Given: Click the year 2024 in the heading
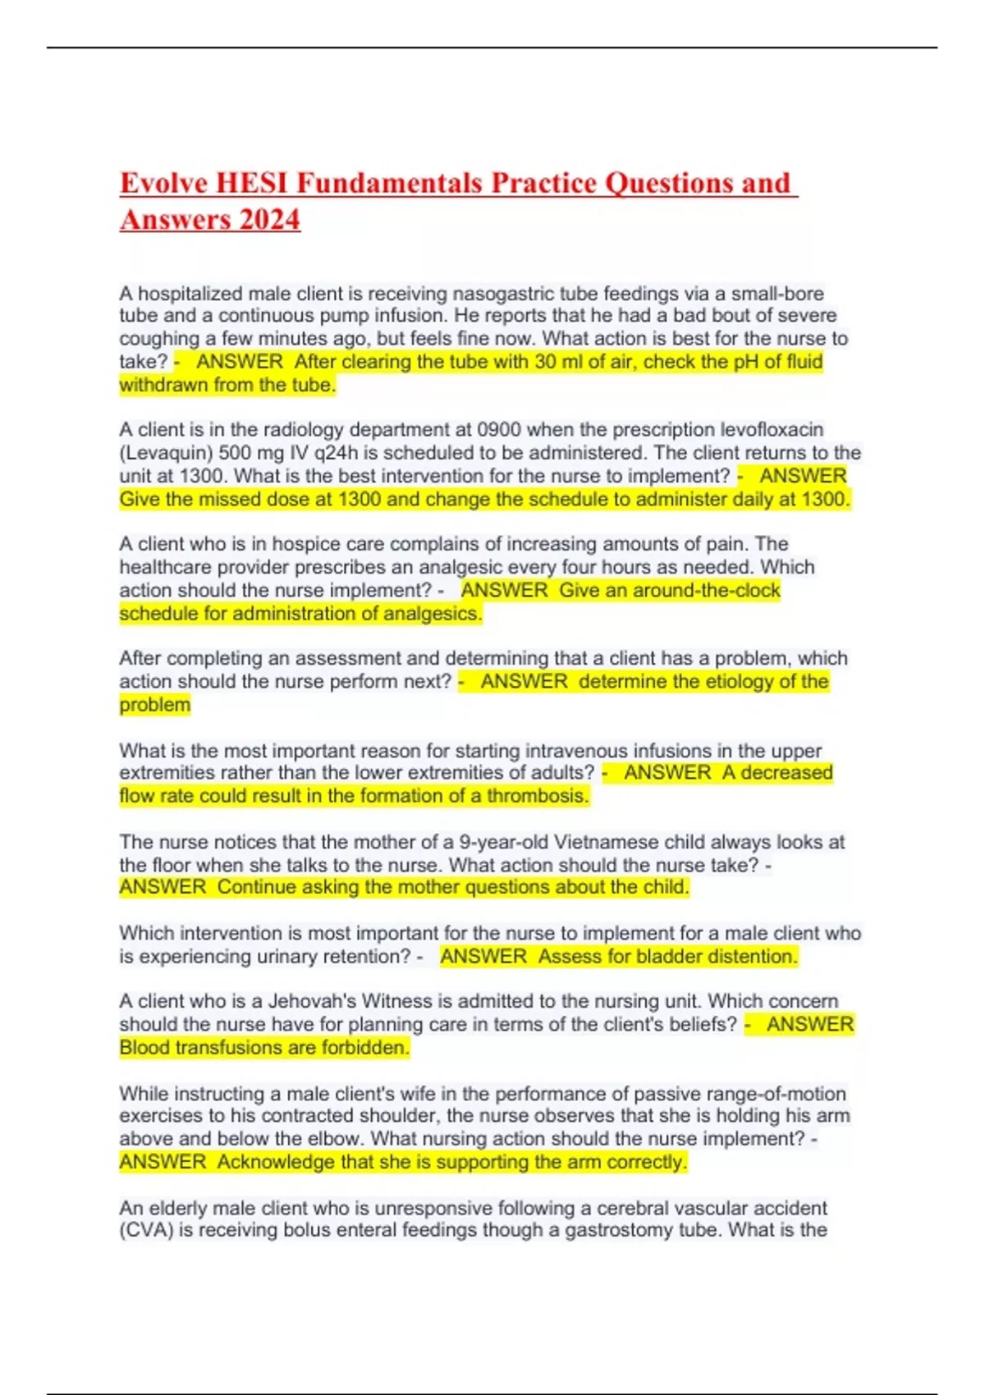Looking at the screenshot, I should click(x=270, y=220).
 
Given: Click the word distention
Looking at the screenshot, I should click(x=752, y=957).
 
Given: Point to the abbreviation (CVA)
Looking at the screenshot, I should click(x=146, y=1231).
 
